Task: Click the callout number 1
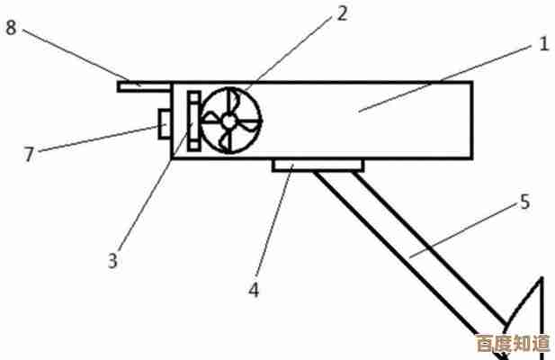click(x=543, y=44)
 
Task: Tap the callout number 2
click(x=342, y=13)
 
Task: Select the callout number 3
click(x=112, y=261)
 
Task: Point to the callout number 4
click(x=254, y=290)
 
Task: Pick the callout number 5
click(x=525, y=202)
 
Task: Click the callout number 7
click(x=29, y=154)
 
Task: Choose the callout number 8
click(x=11, y=27)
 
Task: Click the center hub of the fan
click(x=229, y=121)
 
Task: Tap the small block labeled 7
click(x=165, y=124)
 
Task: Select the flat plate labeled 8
click(x=145, y=86)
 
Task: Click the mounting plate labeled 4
click(x=318, y=166)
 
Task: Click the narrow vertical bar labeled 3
click(x=194, y=121)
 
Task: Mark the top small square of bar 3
click(x=194, y=96)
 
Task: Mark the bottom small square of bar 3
click(x=194, y=146)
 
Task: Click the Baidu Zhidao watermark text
click(x=513, y=343)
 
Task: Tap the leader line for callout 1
click(x=445, y=78)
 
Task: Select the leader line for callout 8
click(x=82, y=58)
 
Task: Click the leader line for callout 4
click(x=274, y=220)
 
